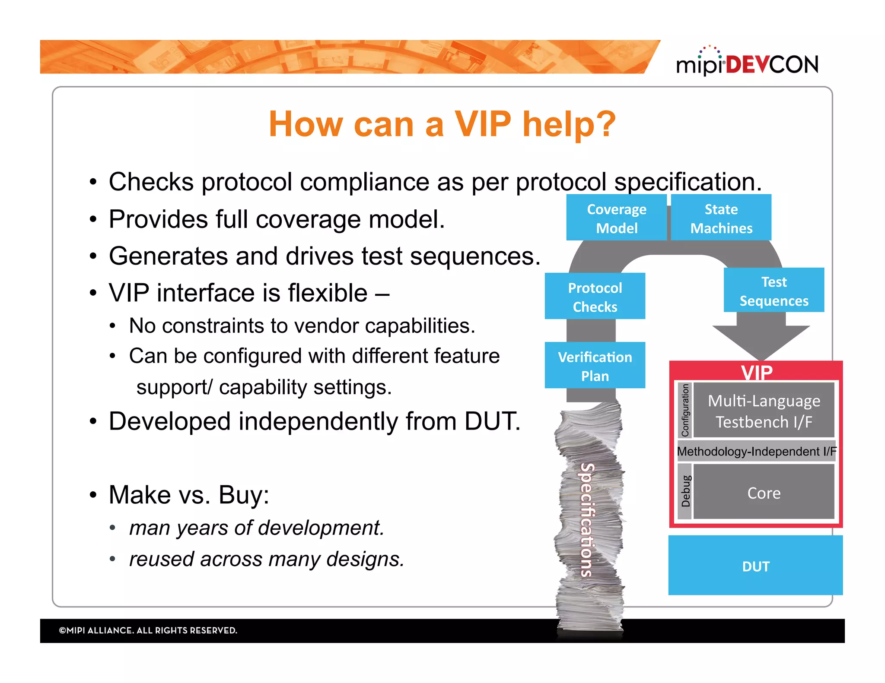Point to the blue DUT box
[x=755, y=566]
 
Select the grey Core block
[x=764, y=492]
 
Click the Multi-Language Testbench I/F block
[x=764, y=411]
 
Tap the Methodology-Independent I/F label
[x=756, y=451]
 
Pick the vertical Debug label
[x=685, y=491]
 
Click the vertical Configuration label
[x=685, y=410]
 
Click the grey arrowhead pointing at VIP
[x=761, y=341]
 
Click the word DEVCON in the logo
[x=772, y=65]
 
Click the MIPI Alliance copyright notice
[x=148, y=630]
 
